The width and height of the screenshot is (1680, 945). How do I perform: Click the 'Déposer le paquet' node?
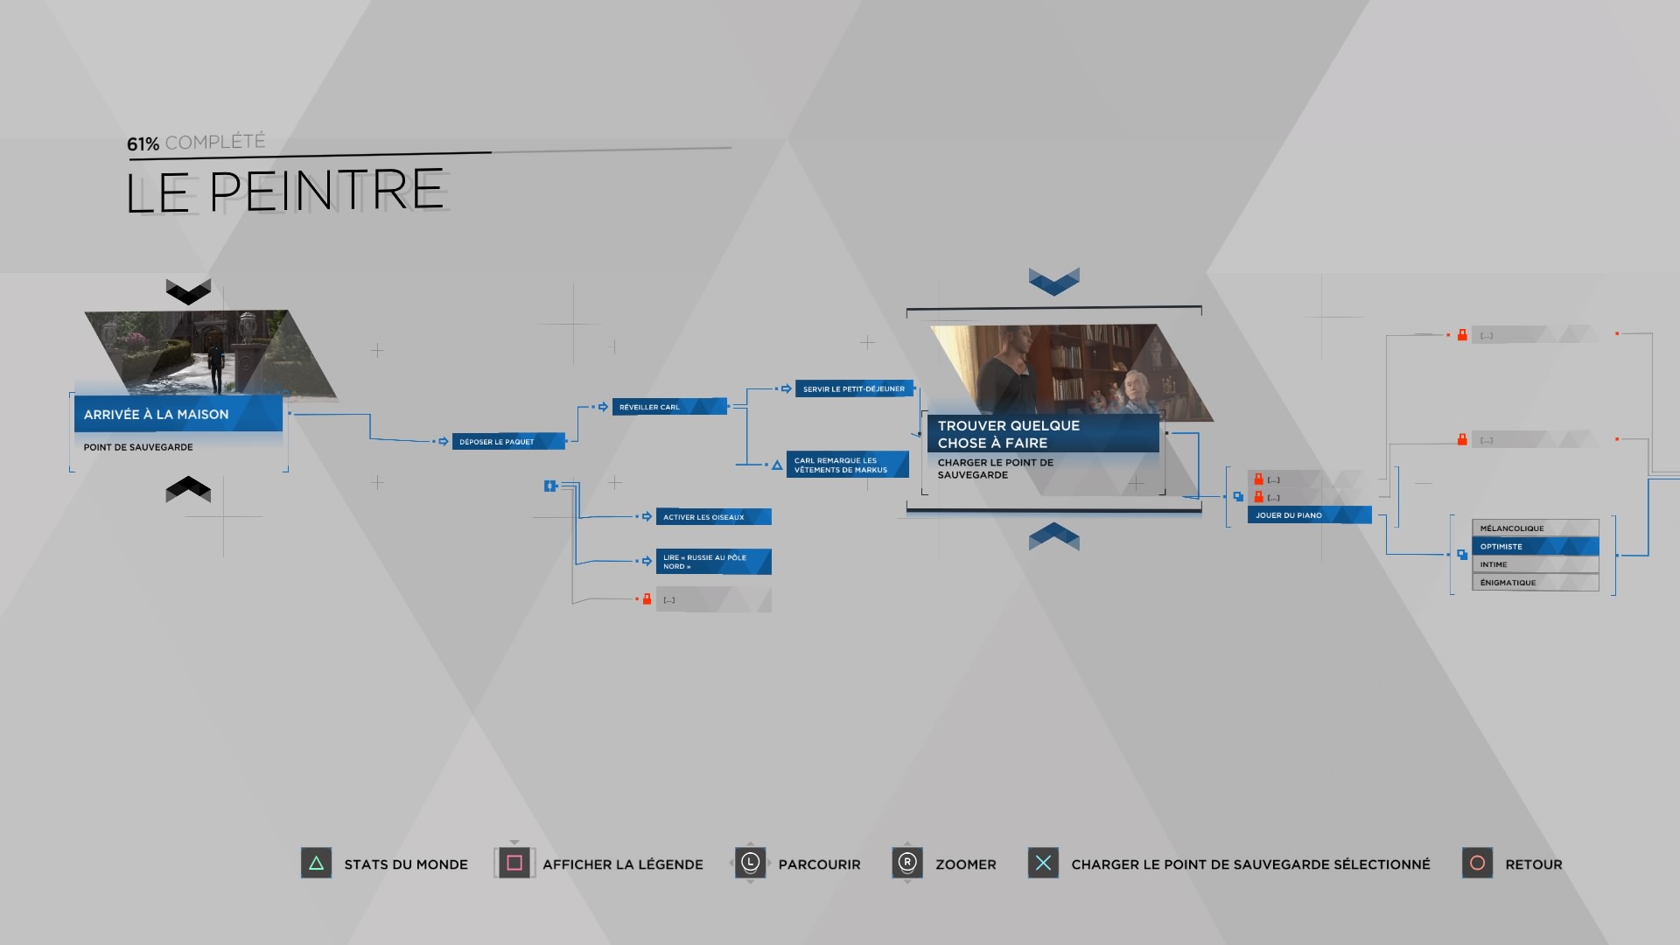tap(508, 442)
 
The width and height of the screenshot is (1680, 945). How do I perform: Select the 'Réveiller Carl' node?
tap(669, 407)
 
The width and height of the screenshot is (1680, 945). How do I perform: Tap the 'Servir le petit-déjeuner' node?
tap(854, 388)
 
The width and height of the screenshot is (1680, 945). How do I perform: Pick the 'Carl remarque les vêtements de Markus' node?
tap(847, 465)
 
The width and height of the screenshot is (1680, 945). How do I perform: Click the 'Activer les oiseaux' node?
tap(713, 517)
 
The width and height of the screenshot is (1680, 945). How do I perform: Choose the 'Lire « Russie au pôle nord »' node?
tap(713, 562)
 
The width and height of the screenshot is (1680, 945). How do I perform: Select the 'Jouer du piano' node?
tap(1309, 515)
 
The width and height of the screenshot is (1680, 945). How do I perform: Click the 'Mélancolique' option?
tap(1535, 528)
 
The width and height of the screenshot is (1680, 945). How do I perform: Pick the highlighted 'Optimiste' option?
tap(1535, 546)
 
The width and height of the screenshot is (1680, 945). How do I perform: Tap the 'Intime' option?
tap(1535, 564)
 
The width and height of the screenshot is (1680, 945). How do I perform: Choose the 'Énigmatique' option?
tap(1535, 583)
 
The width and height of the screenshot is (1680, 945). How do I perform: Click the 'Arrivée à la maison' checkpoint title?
tap(157, 415)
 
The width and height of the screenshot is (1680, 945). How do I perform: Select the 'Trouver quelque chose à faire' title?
tap(1009, 434)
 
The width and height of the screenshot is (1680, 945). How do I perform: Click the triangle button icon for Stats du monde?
tap(316, 864)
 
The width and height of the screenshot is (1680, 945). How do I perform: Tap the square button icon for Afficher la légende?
tap(514, 864)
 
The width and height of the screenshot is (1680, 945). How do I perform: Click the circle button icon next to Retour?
tap(1477, 864)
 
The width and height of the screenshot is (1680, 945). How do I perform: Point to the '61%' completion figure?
tap(143, 144)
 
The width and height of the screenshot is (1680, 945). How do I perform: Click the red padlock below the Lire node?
tap(647, 599)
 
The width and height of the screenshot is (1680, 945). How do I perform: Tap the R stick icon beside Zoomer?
tap(907, 863)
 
